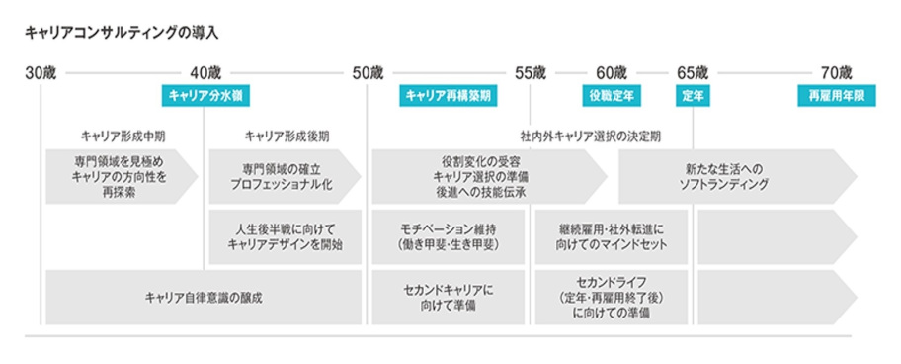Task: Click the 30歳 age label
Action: click(x=42, y=72)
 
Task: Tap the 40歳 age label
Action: click(x=205, y=72)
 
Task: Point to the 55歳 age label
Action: click(x=531, y=72)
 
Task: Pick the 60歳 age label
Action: click(x=612, y=72)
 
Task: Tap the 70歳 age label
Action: click(x=836, y=72)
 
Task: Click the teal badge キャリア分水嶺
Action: click(x=205, y=95)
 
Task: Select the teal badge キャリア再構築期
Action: click(x=448, y=95)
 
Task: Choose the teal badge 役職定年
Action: click(x=612, y=95)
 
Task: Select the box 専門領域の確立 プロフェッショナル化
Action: click(x=282, y=176)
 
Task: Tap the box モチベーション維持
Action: click(x=448, y=236)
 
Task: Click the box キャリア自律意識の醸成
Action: click(x=203, y=297)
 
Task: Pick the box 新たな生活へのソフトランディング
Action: click(x=736, y=176)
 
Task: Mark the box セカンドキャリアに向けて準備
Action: click(x=448, y=297)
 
